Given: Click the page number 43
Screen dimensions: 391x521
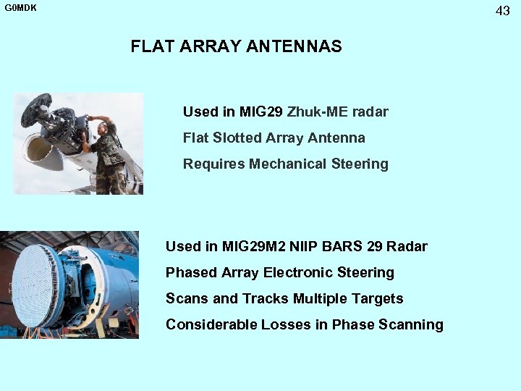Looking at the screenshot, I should (502, 11).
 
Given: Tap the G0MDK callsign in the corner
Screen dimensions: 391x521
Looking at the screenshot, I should (20, 9).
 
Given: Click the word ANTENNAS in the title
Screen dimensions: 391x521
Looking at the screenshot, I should (294, 47).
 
